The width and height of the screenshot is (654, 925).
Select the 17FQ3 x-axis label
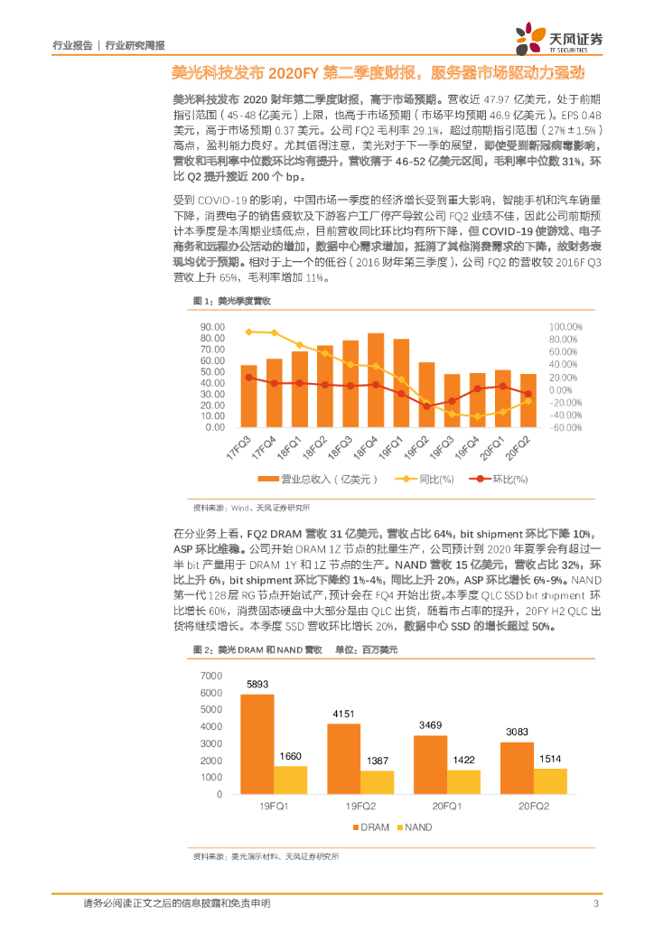[x=238, y=448]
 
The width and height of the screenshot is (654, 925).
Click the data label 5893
[x=257, y=684]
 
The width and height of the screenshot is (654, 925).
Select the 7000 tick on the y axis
[x=210, y=676]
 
